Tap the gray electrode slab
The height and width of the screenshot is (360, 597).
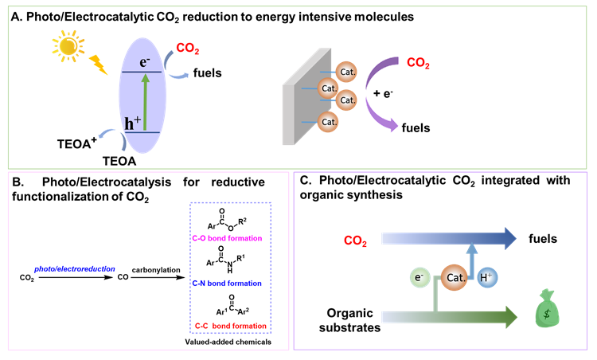pyautogui.click(x=300, y=100)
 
